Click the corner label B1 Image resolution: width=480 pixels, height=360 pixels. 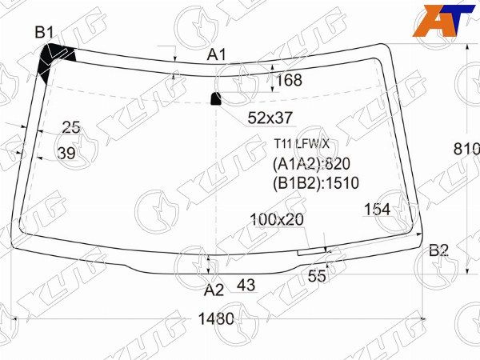[44, 33]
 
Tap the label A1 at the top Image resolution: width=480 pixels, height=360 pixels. [217, 55]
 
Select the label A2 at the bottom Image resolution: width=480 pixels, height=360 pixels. [214, 290]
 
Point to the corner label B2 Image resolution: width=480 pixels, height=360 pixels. [438, 250]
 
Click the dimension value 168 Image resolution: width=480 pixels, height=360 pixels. [289, 80]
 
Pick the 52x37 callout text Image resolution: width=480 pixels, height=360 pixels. [270, 118]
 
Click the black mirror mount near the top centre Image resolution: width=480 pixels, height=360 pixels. [217, 98]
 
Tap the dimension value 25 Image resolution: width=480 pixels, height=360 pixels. [71, 127]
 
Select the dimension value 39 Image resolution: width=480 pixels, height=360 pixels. [66, 153]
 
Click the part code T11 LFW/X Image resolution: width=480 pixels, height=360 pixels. [302, 144]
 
